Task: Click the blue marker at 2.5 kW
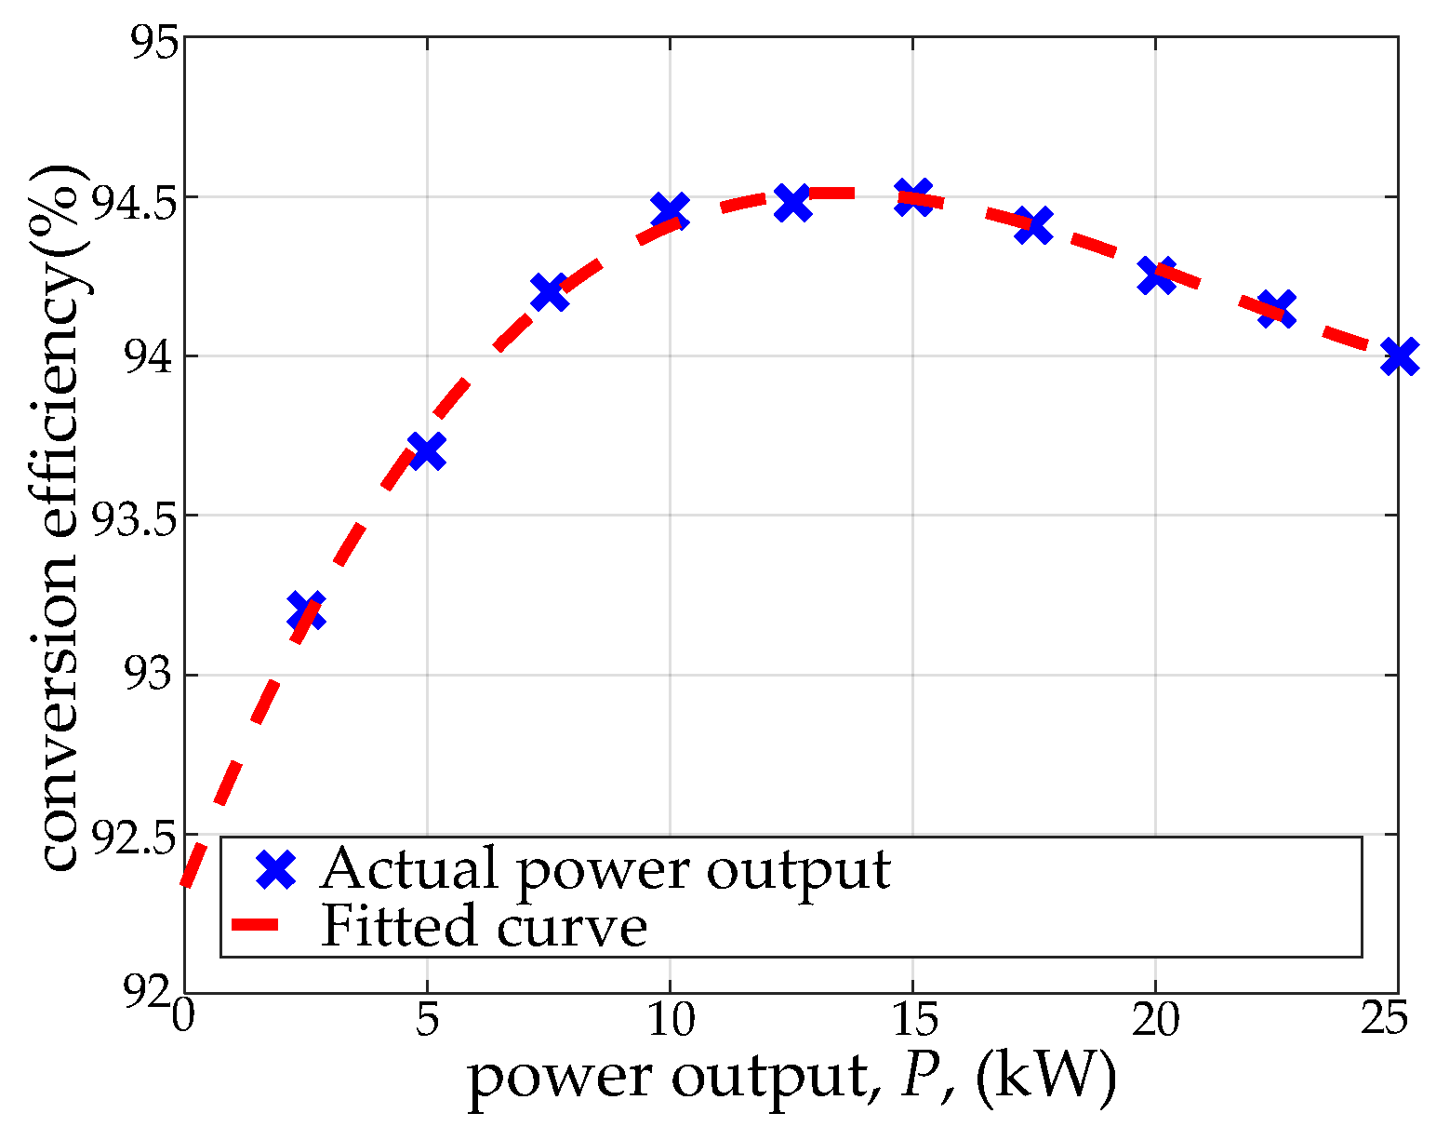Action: click(306, 611)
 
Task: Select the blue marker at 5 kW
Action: click(427, 451)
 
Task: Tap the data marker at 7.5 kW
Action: click(549, 292)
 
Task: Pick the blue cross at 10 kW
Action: click(670, 212)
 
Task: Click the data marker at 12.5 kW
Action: click(791, 202)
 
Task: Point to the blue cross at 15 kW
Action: click(912, 197)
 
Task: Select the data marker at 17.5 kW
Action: click(1033, 225)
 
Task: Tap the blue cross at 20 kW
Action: click(1155, 275)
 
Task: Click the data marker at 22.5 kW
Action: click(1276, 308)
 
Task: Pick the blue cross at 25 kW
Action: click(1398, 356)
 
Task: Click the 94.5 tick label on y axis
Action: click(126, 198)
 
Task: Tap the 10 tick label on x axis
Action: click(670, 1021)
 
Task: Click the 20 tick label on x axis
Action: click(1155, 1021)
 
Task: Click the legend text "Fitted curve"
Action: click(484, 927)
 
